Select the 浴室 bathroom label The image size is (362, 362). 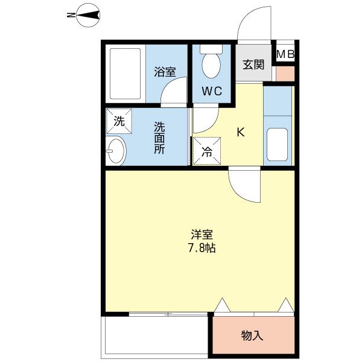coord(165,72)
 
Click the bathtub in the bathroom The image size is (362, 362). coord(125,73)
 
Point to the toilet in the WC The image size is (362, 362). coord(211,65)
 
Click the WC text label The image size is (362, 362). coord(212,92)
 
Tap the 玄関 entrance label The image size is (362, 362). coord(253,65)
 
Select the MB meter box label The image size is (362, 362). coord(285,54)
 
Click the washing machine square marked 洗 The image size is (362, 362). coord(119,120)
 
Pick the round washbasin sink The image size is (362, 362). coord(116,150)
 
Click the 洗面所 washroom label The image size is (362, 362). coord(159,139)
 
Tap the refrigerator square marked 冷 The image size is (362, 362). coord(206,152)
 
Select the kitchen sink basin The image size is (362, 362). coord(278,144)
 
